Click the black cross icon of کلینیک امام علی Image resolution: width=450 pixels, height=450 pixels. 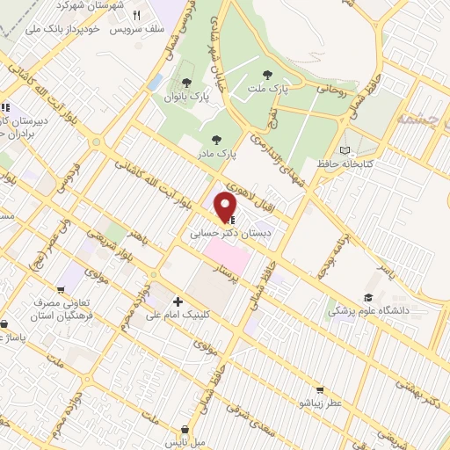(178, 301)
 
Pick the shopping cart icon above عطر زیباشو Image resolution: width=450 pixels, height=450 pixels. (322, 388)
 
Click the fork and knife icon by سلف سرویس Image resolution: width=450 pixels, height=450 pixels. (135, 15)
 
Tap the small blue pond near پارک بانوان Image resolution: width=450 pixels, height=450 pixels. (156, 82)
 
